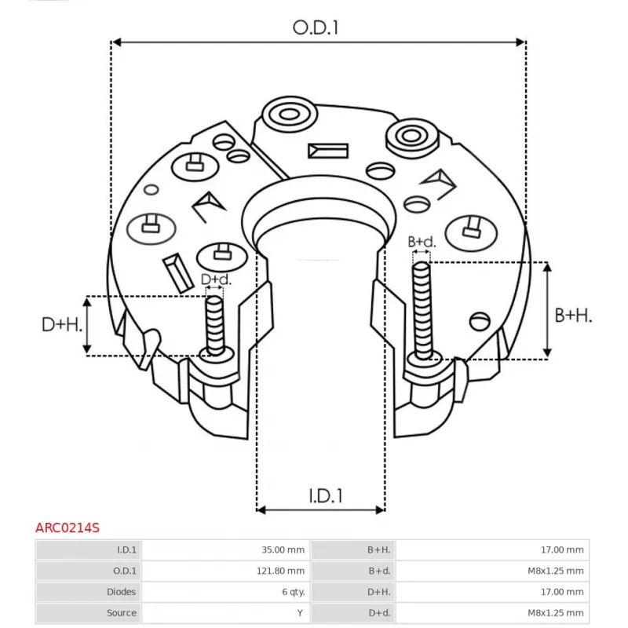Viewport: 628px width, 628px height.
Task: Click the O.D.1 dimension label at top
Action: [316, 27]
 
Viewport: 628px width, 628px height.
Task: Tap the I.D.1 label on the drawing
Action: [326, 496]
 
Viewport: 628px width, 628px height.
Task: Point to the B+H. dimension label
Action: [573, 316]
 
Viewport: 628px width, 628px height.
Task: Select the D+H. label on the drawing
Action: [62, 324]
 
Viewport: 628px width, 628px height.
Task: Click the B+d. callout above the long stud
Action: [422, 242]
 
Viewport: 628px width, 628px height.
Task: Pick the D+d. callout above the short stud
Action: [216, 279]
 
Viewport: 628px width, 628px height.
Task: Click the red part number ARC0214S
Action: [68, 528]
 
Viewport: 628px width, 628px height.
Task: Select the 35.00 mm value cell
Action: [283, 549]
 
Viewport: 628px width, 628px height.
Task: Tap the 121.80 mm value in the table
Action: [280, 571]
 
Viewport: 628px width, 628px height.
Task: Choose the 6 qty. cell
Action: [293, 592]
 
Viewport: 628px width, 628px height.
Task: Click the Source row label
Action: [122, 612]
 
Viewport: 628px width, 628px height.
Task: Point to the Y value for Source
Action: [300, 612]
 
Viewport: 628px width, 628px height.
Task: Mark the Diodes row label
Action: [121, 592]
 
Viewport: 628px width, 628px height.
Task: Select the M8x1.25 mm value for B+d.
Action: [556, 571]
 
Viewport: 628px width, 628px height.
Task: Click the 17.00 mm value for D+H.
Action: [562, 592]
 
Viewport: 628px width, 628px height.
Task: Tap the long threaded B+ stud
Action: [422, 310]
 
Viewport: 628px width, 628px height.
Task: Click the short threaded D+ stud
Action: [215, 326]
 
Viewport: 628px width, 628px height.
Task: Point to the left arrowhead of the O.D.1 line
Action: [116, 42]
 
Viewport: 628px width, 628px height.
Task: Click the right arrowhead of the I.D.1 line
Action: [380, 509]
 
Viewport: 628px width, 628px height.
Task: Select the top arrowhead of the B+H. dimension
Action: [547, 267]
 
